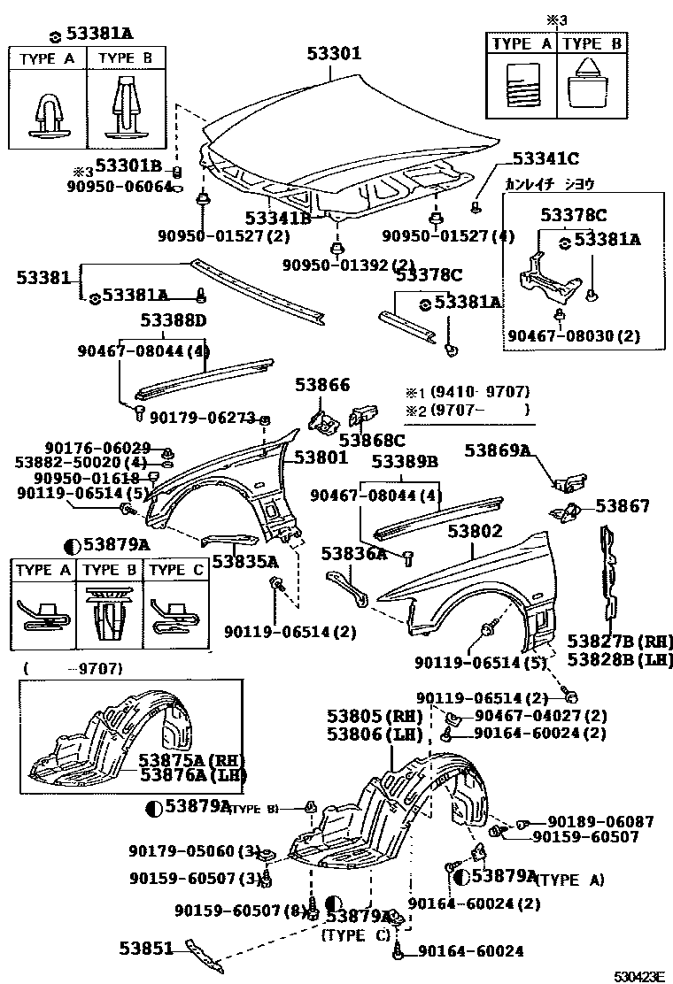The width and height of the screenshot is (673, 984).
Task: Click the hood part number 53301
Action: tap(334, 53)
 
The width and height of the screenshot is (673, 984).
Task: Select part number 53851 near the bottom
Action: tap(147, 948)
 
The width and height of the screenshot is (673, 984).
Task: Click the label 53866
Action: tap(324, 385)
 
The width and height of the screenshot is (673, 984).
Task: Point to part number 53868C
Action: tap(372, 440)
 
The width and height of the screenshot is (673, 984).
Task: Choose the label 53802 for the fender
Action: tap(475, 531)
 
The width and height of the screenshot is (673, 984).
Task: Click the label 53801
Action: tap(321, 457)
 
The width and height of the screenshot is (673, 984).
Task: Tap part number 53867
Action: tap(622, 506)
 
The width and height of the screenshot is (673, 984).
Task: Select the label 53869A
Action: tap(498, 451)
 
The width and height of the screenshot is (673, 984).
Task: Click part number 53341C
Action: tap(545, 159)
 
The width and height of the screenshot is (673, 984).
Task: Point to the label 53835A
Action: tap(245, 561)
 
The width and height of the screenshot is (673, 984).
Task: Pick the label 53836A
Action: tap(354, 554)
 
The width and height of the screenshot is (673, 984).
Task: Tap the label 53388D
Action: tap(173, 319)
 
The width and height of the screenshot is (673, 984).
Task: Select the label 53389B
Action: tap(405, 462)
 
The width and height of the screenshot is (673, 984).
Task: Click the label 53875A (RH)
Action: tap(190, 759)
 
